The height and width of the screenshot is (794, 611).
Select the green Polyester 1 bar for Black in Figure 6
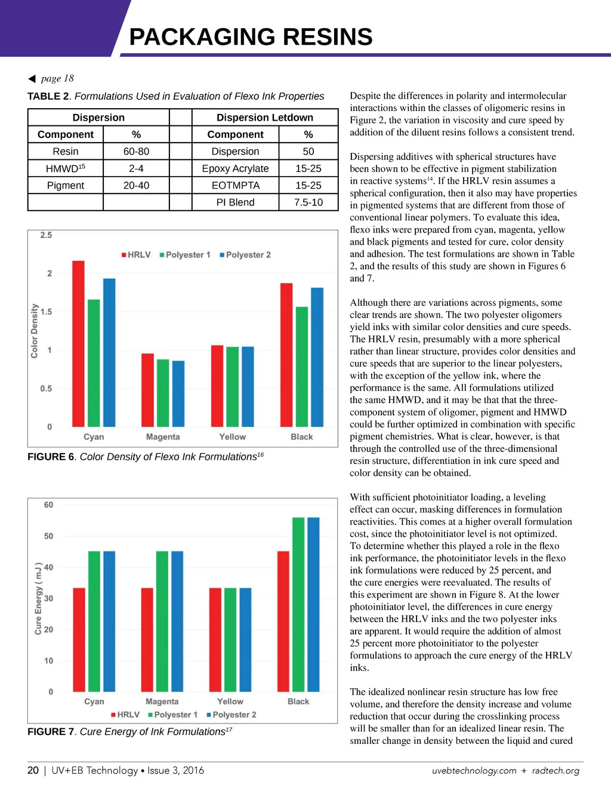[x=302, y=367]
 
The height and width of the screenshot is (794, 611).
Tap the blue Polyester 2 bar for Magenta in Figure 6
[x=178, y=393]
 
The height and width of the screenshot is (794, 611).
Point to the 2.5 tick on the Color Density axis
[x=46, y=235]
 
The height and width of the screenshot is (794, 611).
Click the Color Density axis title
[x=35, y=331]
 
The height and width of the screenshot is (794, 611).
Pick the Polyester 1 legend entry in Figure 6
[x=185, y=255]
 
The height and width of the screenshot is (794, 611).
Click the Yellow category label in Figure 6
[x=232, y=437]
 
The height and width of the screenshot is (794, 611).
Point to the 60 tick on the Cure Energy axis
[x=48, y=505]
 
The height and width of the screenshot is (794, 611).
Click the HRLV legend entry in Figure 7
[x=125, y=715]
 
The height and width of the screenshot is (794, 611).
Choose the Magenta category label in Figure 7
[x=162, y=701]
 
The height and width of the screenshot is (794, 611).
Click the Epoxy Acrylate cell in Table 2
[x=235, y=169]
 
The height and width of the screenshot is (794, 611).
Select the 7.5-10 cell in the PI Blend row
[x=308, y=202]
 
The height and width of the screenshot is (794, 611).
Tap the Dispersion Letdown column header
[x=264, y=118]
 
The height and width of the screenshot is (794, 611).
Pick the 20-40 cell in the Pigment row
[x=136, y=186]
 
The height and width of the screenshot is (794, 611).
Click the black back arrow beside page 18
[x=32, y=79]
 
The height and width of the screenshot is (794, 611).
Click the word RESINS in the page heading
[x=327, y=37]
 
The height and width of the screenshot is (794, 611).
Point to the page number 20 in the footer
[x=33, y=770]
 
